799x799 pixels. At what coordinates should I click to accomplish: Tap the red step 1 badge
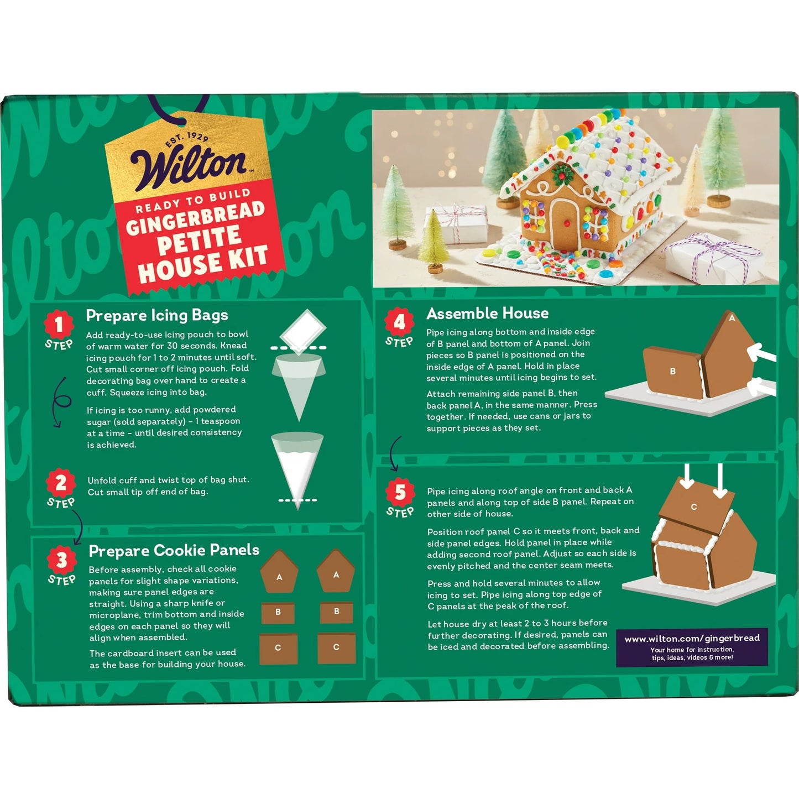[x=59, y=325]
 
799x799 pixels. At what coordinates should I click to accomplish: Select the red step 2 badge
[x=60, y=483]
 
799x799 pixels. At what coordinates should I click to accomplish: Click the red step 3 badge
[x=61, y=560]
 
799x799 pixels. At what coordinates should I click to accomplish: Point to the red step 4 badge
[x=399, y=322]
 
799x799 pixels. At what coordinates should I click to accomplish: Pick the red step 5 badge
[x=400, y=492]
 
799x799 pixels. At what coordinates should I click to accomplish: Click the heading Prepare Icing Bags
[x=157, y=315]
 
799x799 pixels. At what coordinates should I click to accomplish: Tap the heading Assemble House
[x=487, y=314]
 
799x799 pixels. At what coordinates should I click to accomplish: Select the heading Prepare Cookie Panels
[x=174, y=550]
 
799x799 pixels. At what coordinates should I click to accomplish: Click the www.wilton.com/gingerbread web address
[x=692, y=639]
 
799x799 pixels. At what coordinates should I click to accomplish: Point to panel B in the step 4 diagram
[x=672, y=372]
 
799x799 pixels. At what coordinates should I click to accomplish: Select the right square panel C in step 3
[x=336, y=648]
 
